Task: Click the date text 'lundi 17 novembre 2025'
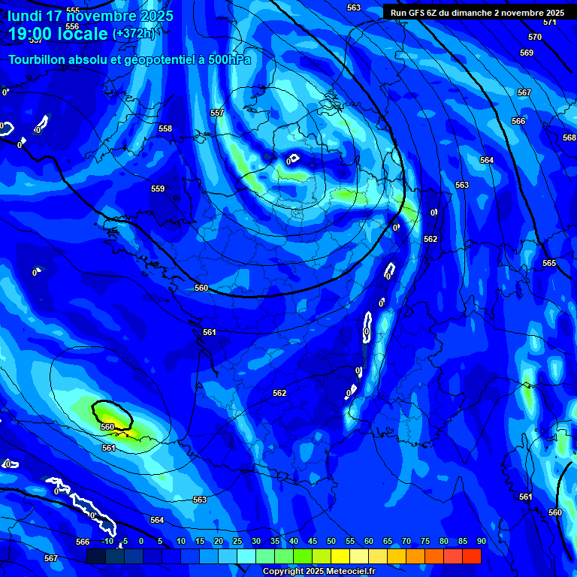[90, 16]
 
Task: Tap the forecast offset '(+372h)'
[134, 33]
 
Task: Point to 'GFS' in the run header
[418, 13]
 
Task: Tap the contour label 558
[165, 128]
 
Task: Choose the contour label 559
[158, 189]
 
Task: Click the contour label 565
[549, 263]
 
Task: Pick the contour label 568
[569, 137]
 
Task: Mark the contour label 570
[534, 37]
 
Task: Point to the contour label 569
[526, 53]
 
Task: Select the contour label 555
[73, 11]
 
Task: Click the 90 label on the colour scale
[481, 541]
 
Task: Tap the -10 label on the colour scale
[106, 541]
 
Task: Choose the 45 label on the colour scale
[312, 541]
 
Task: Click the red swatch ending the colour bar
[471, 556]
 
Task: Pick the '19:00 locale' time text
[58, 34]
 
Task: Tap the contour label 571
[549, 22]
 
